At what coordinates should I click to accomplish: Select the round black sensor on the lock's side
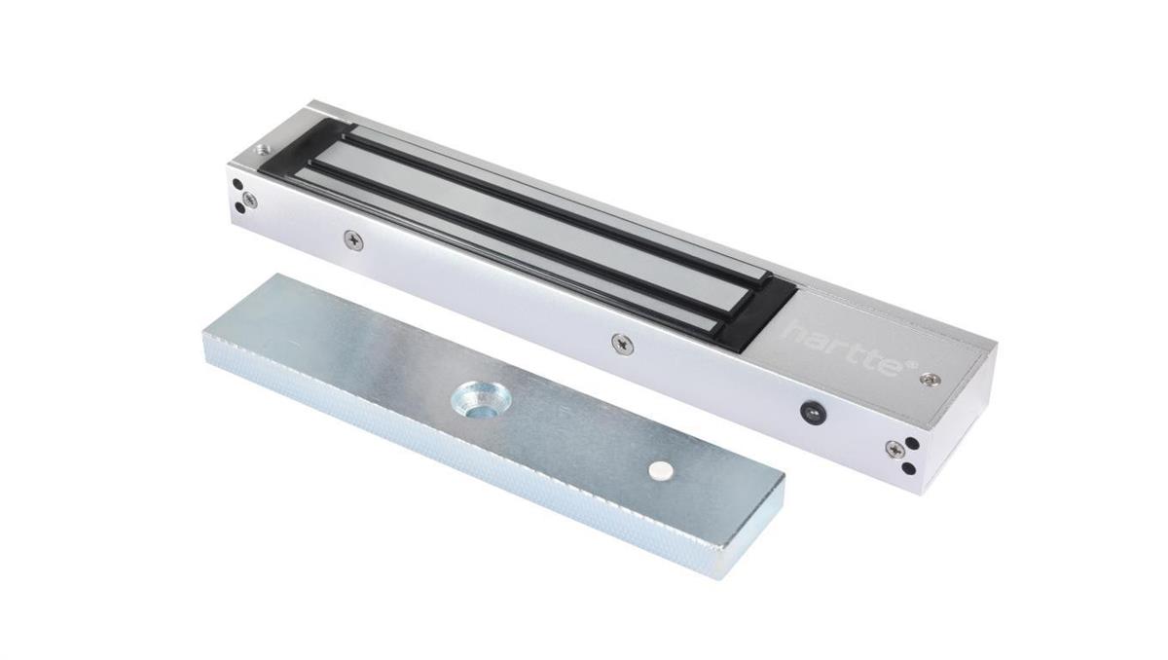pos(808,411)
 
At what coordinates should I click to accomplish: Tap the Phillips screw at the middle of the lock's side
pos(621,342)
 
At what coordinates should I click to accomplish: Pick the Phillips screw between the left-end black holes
pos(250,198)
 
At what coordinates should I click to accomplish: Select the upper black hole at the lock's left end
pos(237,185)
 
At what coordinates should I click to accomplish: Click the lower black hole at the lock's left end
pos(239,207)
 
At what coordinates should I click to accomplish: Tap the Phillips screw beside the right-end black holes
pos(894,449)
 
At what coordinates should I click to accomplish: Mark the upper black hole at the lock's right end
pos(911,444)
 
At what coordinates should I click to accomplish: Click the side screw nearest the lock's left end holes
pos(353,239)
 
